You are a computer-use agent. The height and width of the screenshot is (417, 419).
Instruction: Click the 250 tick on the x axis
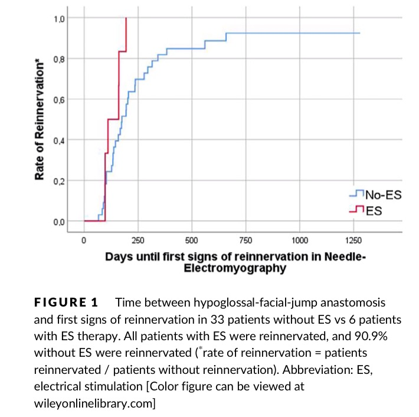click(x=138, y=240)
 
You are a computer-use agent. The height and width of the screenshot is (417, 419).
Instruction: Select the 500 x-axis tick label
click(x=191, y=240)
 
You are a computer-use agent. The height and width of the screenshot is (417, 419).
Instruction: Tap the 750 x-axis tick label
click(x=245, y=240)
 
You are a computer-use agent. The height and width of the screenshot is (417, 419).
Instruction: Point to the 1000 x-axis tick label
click(x=299, y=240)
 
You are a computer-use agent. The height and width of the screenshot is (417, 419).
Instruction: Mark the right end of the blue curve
click(x=359, y=33)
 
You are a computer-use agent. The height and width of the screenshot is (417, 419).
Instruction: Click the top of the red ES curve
click(x=126, y=18)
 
